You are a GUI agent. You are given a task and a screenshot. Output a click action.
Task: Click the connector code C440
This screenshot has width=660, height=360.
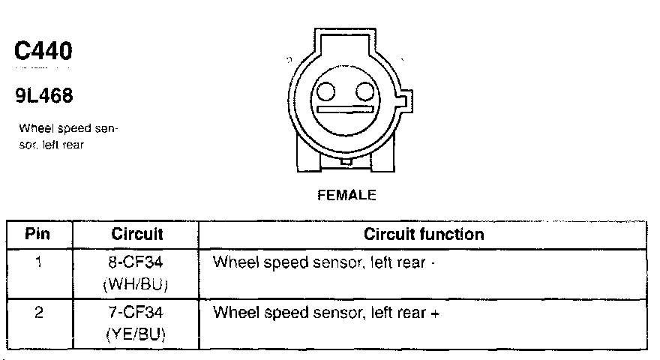point(43,52)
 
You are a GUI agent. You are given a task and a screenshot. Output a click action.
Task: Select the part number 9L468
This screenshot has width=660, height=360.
point(43,97)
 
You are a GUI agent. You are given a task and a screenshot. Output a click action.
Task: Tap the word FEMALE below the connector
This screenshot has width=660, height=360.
point(346,195)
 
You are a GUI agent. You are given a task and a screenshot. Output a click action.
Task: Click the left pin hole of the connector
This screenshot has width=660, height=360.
point(326,92)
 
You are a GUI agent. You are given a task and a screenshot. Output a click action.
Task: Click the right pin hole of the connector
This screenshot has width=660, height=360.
point(364,92)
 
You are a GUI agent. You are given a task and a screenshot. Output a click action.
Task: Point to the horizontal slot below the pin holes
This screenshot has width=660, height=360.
point(345,110)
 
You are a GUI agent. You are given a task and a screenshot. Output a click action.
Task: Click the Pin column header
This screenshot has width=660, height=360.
point(37,234)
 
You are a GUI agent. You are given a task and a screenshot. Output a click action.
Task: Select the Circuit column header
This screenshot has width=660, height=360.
point(137,234)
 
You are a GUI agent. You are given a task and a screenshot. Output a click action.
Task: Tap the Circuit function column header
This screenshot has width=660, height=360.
point(424,234)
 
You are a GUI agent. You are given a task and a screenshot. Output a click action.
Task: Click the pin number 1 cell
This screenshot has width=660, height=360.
point(37,262)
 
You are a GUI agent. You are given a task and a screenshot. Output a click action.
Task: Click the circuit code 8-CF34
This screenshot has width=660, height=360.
point(137,262)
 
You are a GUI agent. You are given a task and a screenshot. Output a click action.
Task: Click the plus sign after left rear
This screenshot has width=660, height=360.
point(434,312)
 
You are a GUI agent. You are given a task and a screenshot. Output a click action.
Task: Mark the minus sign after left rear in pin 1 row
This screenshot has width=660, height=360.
point(433,263)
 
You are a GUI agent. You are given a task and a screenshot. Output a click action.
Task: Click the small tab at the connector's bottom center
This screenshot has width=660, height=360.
point(344,160)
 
